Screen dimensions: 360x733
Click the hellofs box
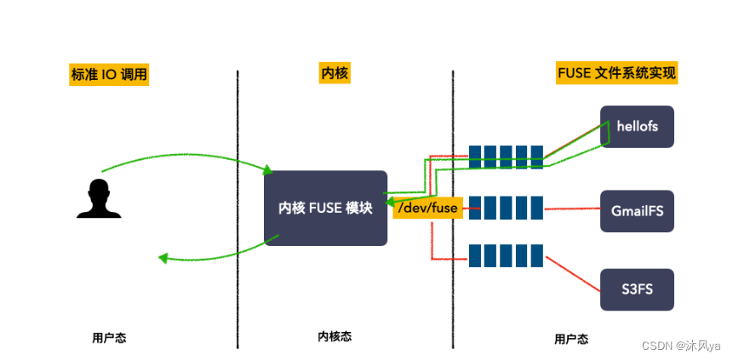(637, 127)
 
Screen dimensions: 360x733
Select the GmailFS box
(637, 211)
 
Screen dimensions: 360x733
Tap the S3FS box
(637, 289)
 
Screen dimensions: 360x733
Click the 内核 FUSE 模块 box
(325, 208)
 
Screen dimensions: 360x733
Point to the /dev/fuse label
(428, 207)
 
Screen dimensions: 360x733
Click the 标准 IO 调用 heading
(109, 74)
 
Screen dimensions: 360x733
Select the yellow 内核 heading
(334, 74)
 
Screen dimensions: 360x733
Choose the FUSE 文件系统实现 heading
(616, 73)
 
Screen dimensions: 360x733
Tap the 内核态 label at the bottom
(334, 336)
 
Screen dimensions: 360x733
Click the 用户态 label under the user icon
(109, 337)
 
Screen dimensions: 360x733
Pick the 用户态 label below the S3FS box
(570, 338)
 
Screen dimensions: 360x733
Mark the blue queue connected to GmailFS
(506, 208)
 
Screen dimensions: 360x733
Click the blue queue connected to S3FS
(506, 255)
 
